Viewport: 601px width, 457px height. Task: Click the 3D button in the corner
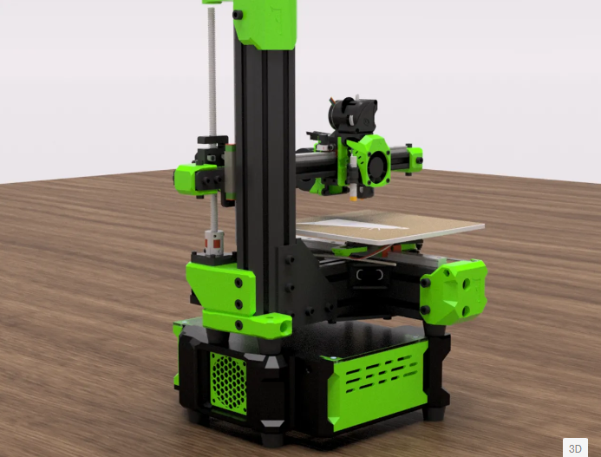pos(575,447)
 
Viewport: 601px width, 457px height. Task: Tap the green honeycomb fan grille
pos(228,383)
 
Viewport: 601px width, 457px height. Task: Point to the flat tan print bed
pos(389,227)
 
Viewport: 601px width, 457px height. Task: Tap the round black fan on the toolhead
pos(377,164)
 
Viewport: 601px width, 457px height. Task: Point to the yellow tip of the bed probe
pos(353,199)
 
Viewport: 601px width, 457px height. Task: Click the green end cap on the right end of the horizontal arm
pos(415,159)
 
